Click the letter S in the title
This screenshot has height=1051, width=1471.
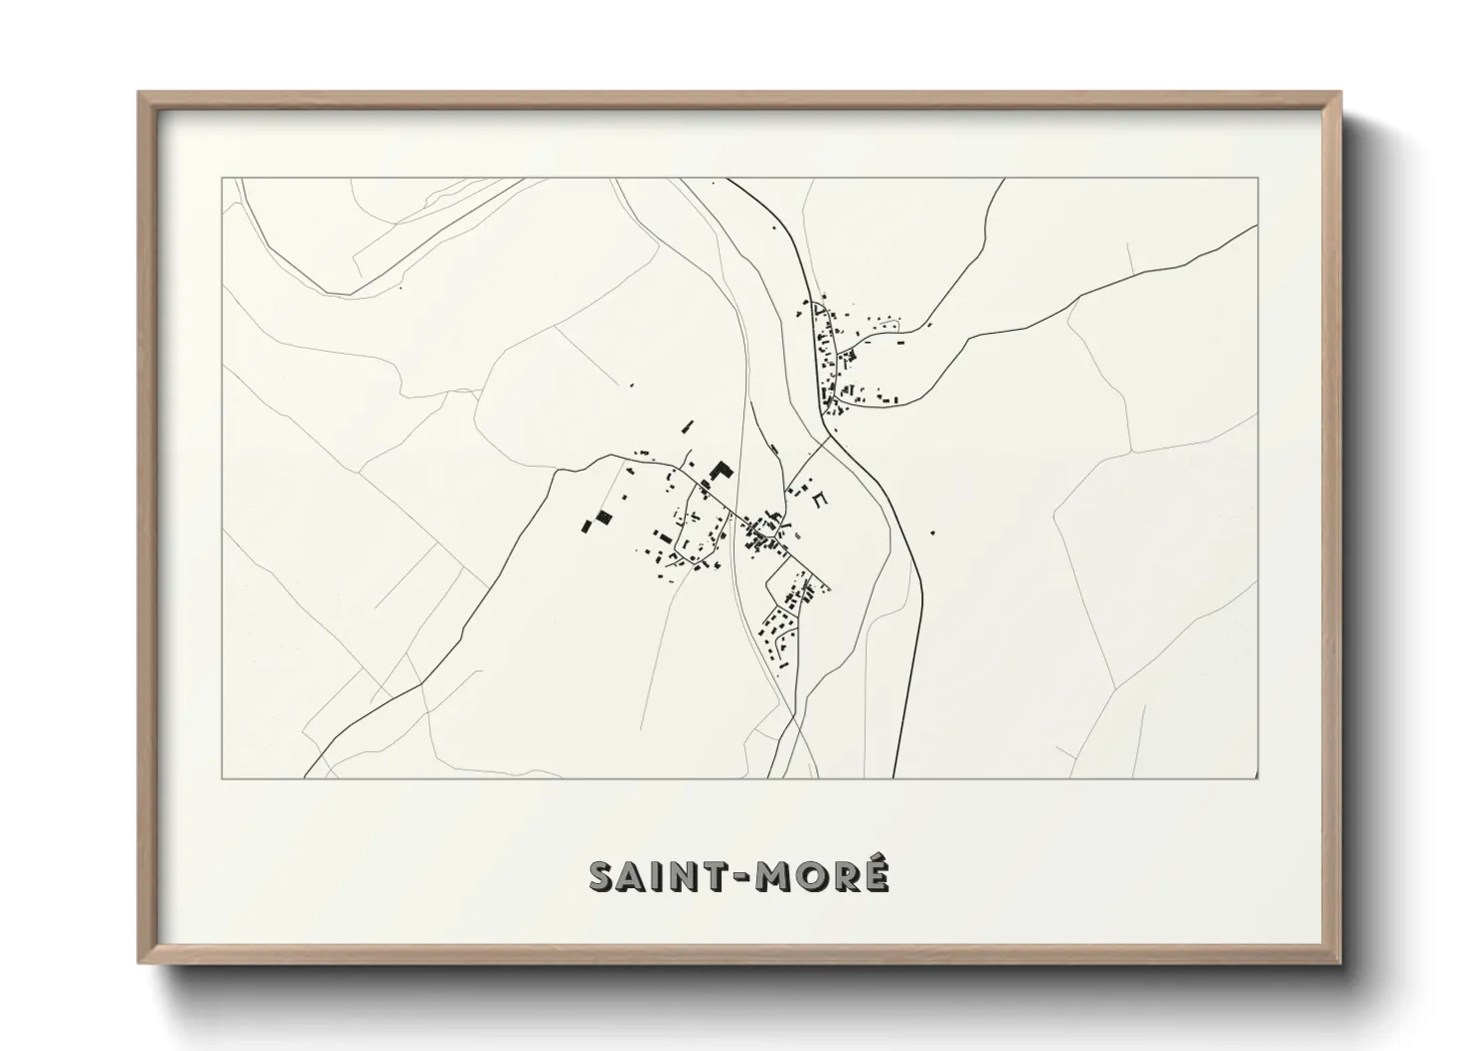pos(604,876)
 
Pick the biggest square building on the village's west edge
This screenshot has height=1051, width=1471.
pos(602,519)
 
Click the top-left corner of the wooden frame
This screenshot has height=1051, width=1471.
pos(139,92)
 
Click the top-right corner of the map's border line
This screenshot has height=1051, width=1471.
pos(1258,179)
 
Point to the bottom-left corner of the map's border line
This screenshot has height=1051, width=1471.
pos(222,778)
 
